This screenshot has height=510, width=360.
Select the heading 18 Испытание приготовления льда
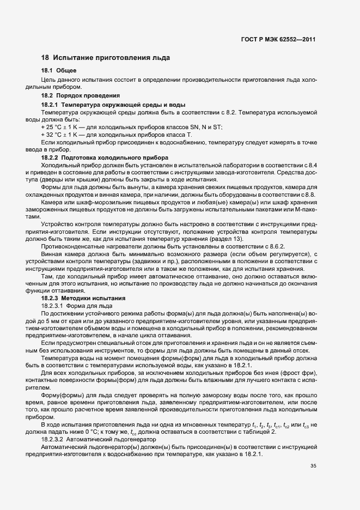[x=106, y=57]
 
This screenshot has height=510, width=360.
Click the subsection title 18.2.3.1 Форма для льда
[x=73, y=306]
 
